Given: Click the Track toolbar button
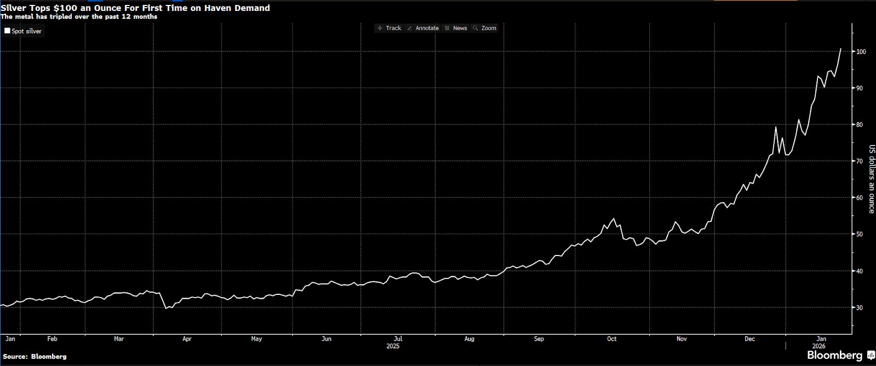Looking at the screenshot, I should [389, 28].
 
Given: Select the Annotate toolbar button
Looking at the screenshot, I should [423, 28].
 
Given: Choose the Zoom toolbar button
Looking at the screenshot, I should [485, 28].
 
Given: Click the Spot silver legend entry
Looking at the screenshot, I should [23, 31].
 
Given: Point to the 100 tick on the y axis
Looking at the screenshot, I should [861, 51].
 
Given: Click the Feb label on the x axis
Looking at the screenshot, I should [53, 339].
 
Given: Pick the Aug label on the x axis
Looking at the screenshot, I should [469, 339].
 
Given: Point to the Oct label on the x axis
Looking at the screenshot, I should [612, 339].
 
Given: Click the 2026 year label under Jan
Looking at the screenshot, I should [819, 346].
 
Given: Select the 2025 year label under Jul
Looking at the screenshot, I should [393, 346].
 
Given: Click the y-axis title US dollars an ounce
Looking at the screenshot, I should [872, 179].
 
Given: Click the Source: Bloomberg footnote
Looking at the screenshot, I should [34, 357].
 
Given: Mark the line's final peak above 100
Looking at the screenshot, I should [841, 49].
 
